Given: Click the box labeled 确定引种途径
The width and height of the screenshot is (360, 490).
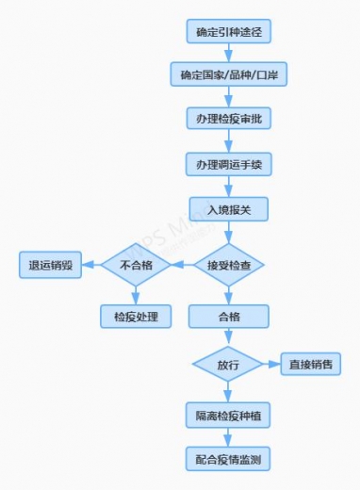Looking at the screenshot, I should coord(228,31).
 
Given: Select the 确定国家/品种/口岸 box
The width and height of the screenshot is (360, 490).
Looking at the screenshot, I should coord(228,74).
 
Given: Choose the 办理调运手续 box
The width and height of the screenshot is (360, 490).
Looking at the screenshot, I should coord(228,162).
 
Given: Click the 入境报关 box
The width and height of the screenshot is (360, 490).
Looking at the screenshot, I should coord(228,205).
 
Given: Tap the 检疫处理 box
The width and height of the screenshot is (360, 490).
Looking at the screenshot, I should coord(136,316).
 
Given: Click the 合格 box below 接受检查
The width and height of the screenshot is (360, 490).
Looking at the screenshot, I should coord(228,316).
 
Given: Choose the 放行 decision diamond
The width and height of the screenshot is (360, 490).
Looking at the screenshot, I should coord(228,364).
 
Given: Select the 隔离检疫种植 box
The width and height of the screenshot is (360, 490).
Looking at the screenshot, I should coord(228,415).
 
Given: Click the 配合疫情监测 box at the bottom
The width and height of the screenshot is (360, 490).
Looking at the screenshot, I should coord(228,459).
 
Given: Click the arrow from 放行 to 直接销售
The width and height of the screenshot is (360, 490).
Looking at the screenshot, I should coord(271,364).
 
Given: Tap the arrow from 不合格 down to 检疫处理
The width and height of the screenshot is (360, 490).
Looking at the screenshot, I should coord(135,293).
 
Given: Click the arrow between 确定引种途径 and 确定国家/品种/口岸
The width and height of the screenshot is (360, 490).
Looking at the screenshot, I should coord(228,53).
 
